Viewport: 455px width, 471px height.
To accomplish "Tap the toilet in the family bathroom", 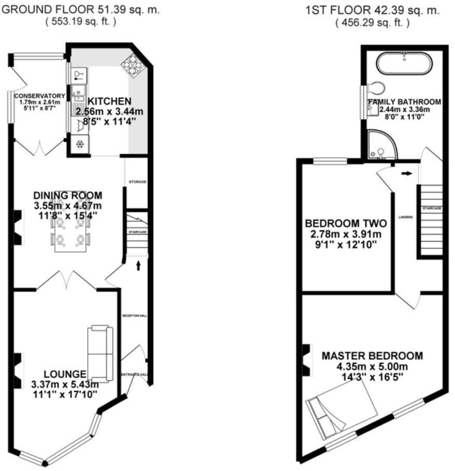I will pos(377,87).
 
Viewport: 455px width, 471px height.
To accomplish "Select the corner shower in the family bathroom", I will pos(381,144).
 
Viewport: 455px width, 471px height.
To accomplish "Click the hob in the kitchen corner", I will pos(133,65).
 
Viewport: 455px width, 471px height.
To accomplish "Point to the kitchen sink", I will pos(78,92).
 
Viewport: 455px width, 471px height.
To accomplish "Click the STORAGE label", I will pos(138,182).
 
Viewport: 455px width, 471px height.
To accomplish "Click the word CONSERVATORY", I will pos(40,96).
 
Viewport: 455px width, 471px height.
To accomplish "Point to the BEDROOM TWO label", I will pos(346,223).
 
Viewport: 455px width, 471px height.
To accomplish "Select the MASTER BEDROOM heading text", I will pos(372,356).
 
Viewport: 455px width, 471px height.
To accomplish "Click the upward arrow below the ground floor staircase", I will pos(138,265).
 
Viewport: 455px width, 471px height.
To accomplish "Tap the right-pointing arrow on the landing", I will pos(407,173).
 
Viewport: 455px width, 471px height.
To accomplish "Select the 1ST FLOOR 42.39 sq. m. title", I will pos(372,10).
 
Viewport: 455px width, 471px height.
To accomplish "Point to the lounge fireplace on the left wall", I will pos(18,369).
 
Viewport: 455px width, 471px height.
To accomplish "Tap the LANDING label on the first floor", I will pos(405,217).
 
